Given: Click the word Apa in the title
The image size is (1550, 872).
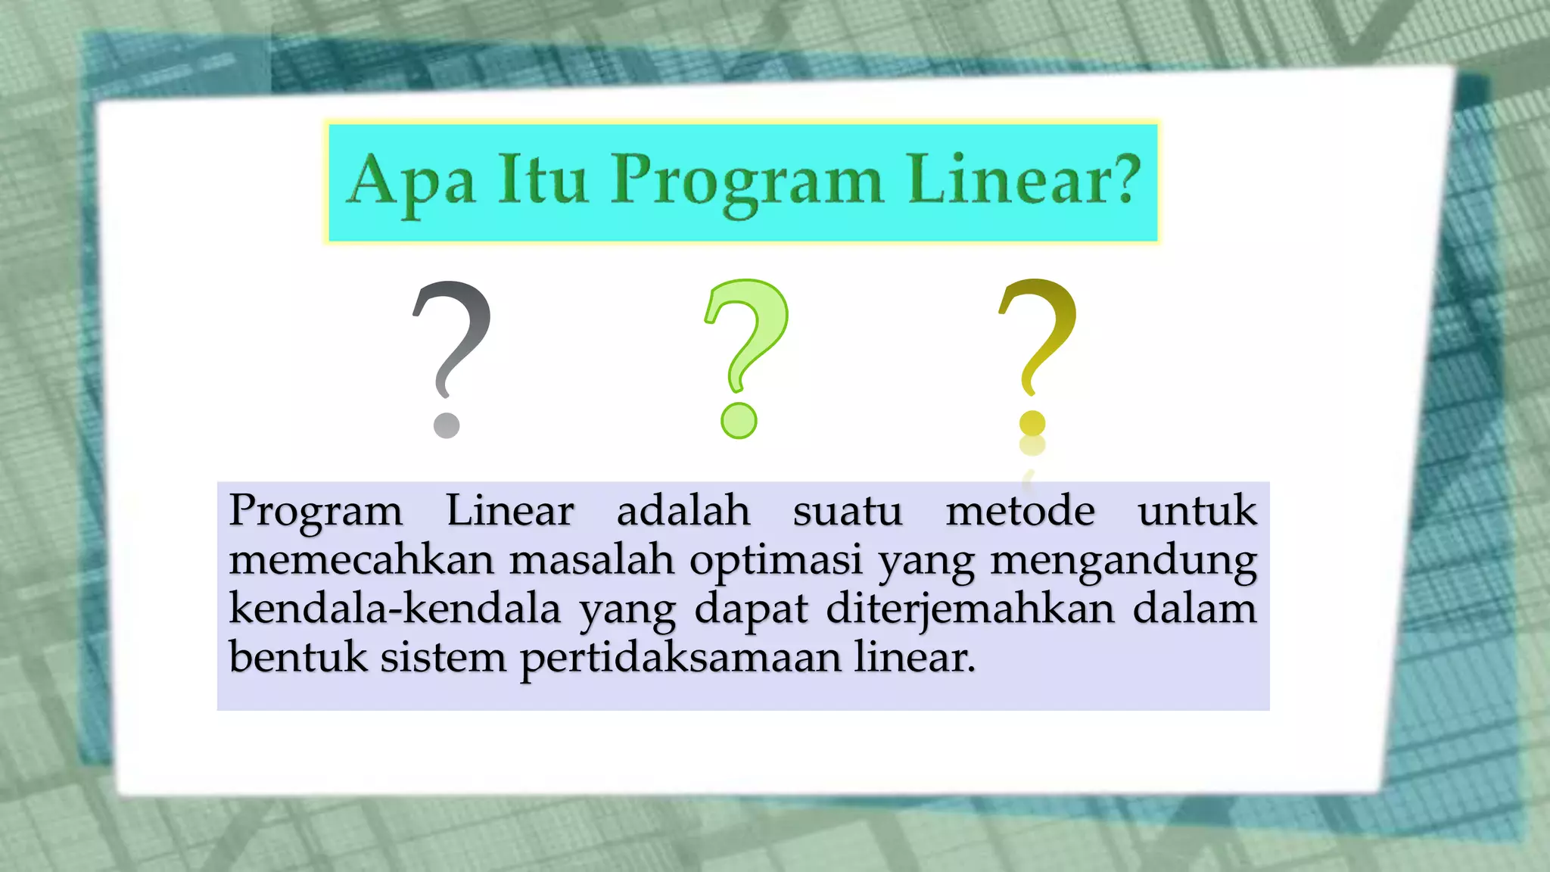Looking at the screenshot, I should (412, 182).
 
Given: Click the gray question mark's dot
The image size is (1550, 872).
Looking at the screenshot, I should (447, 425).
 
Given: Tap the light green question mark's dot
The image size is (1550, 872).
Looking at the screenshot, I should (739, 421).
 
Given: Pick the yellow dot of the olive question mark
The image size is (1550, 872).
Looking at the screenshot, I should (1032, 423).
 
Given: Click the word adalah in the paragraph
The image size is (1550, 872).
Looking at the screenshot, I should (683, 511).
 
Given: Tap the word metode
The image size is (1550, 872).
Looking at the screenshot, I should (1019, 511).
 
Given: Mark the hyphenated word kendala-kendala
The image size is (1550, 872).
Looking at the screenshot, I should (394, 609).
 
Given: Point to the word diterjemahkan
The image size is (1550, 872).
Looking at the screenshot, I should (970, 610).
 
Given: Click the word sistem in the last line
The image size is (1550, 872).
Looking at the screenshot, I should (443, 657).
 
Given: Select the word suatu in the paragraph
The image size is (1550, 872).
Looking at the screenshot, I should (848, 511).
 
